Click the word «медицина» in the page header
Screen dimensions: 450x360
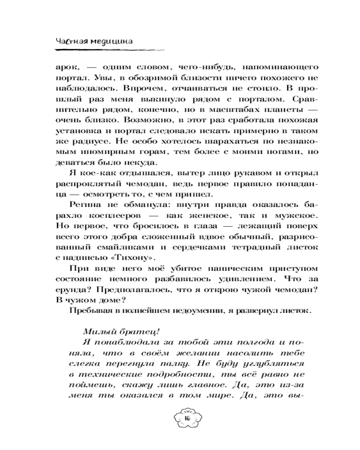coord(113,40)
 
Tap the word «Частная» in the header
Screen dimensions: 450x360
coord(72,40)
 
